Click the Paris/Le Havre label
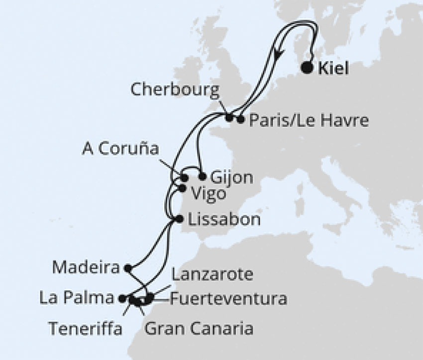tap(308, 120)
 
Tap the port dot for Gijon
tap(202, 176)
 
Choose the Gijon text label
tap(232, 178)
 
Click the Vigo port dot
tap(182, 188)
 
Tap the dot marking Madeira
tap(127, 268)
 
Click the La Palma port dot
tap(122, 299)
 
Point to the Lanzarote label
tap(213, 274)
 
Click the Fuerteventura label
tap(228, 299)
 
